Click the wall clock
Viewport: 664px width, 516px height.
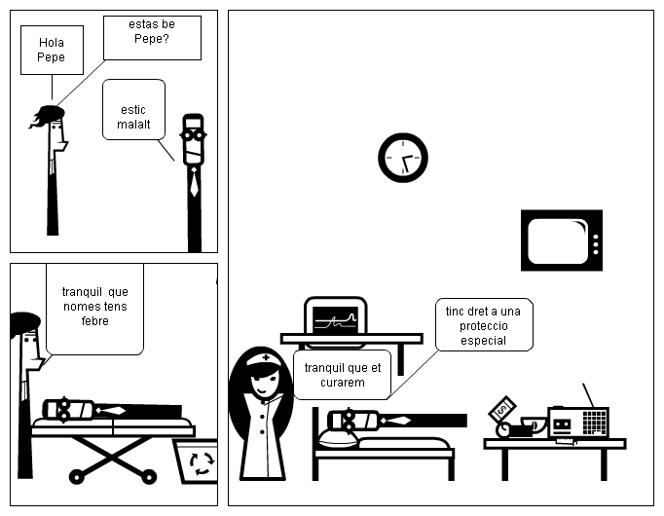coord(402,158)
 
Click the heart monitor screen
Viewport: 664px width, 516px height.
coord(335,315)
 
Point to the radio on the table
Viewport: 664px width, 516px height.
coord(577,423)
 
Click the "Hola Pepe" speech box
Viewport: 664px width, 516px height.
coord(52,50)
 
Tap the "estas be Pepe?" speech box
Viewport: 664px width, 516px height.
coord(152,37)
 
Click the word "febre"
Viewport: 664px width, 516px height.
coord(95,321)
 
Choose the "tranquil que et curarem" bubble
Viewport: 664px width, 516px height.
coord(341,375)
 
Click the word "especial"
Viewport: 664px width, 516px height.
coord(484,340)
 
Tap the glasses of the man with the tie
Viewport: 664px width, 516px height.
coord(194,135)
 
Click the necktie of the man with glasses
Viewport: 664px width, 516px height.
coord(195,182)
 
